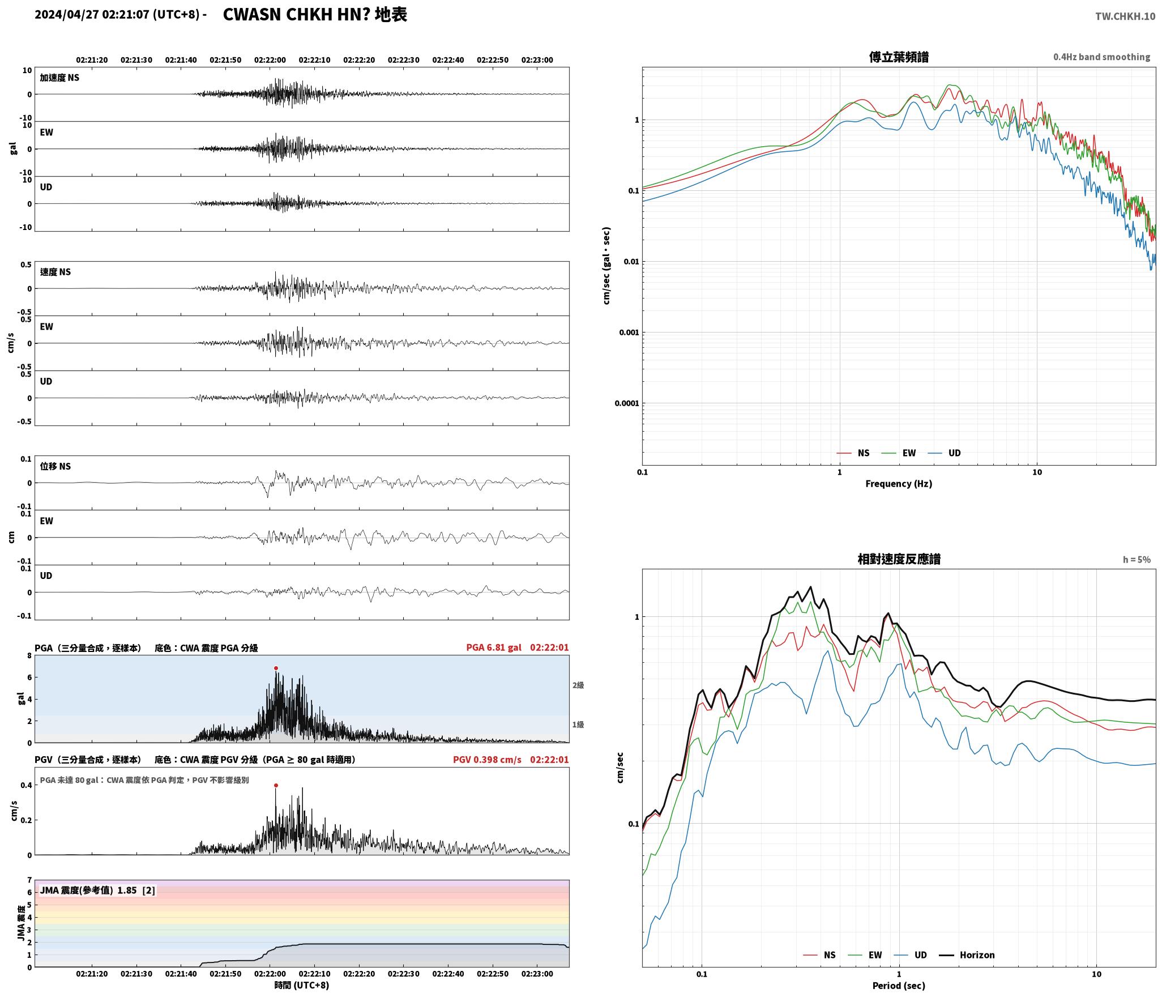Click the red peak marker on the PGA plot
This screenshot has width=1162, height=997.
pyautogui.click(x=276, y=668)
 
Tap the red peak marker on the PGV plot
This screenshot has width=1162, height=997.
pyautogui.click(x=276, y=786)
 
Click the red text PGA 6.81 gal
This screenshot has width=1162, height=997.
pyautogui.click(x=494, y=647)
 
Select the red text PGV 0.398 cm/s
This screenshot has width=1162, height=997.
pyautogui.click(x=487, y=760)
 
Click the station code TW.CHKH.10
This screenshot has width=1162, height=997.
pyautogui.click(x=1125, y=16)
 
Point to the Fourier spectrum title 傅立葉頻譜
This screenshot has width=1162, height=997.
pyautogui.click(x=899, y=57)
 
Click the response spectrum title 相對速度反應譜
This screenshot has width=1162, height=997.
pyautogui.click(x=899, y=559)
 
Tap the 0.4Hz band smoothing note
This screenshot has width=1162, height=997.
pyautogui.click(x=1101, y=57)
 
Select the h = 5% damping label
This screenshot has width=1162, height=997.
pyautogui.click(x=1137, y=560)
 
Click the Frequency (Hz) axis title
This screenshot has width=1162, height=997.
pyautogui.click(x=899, y=484)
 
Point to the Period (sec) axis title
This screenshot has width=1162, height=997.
pyautogui.click(x=899, y=986)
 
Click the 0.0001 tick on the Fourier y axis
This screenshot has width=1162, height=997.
pyautogui.click(x=626, y=403)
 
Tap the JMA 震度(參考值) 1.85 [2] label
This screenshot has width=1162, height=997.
pyautogui.click(x=97, y=891)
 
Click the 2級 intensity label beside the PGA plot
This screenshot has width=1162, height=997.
pyautogui.click(x=578, y=685)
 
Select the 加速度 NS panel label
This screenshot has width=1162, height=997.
pyautogui.click(x=59, y=78)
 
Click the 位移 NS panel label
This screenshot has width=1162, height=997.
pyautogui.click(x=55, y=466)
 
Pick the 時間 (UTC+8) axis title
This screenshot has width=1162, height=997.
pyautogui.click(x=302, y=985)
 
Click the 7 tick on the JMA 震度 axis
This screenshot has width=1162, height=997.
pyautogui.click(x=29, y=880)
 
